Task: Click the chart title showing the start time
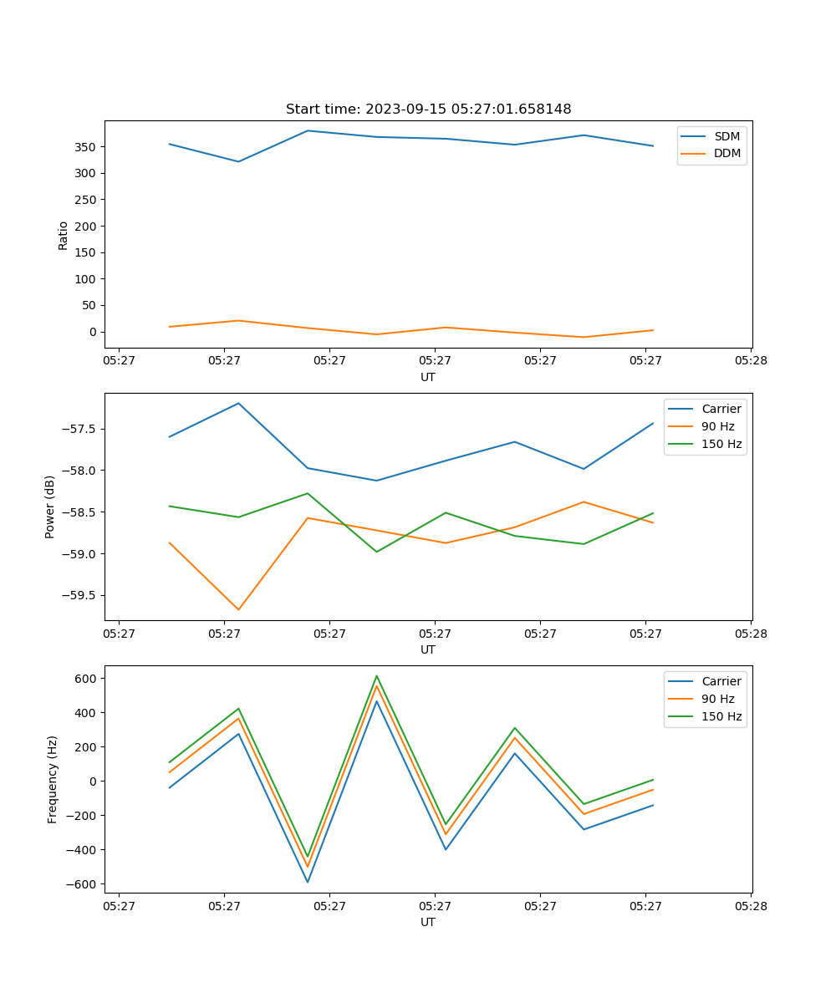pyautogui.click(x=428, y=109)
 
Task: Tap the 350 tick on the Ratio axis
pyautogui.click(x=87, y=147)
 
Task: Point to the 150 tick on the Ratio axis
pyautogui.click(x=87, y=252)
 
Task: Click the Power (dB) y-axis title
pyautogui.click(x=50, y=507)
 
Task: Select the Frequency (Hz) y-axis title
pyautogui.click(x=52, y=779)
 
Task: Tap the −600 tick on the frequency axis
pyautogui.click(x=84, y=884)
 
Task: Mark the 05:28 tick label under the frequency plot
pyautogui.click(x=751, y=905)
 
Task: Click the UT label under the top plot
pyautogui.click(x=428, y=377)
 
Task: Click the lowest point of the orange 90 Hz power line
pyautogui.click(x=238, y=609)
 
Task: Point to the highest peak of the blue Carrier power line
pyautogui.click(x=238, y=403)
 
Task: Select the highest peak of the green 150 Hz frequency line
pyautogui.click(x=376, y=675)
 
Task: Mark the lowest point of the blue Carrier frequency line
pyautogui.click(x=308, y=882)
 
